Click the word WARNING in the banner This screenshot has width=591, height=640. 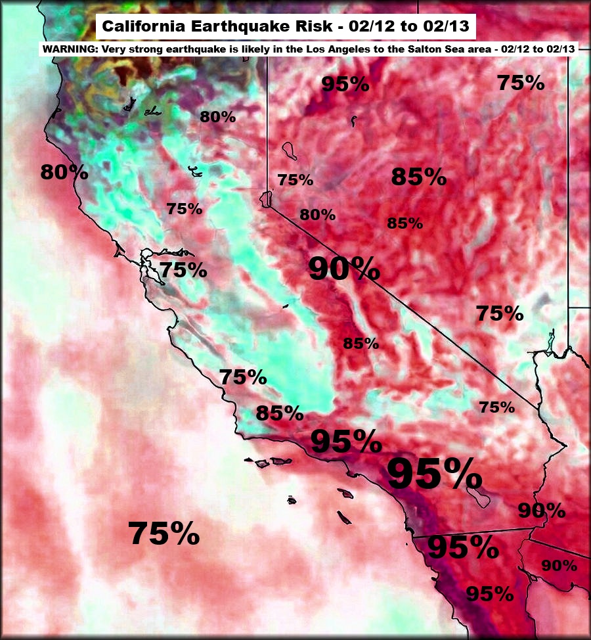coord(66,49)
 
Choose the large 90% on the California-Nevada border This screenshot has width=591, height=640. coord(343,269)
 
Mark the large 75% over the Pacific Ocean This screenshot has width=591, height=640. coord(164,533)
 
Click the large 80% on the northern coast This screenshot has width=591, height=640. coord(64,172)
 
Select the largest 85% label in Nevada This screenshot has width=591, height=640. coord(418,177)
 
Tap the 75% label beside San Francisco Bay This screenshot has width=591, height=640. coord(183,270)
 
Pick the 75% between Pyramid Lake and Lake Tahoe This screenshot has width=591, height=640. coord(295,180)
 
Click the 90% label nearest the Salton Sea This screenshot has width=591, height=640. coord(542,510)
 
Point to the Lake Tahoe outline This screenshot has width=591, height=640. coord(266,198)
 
